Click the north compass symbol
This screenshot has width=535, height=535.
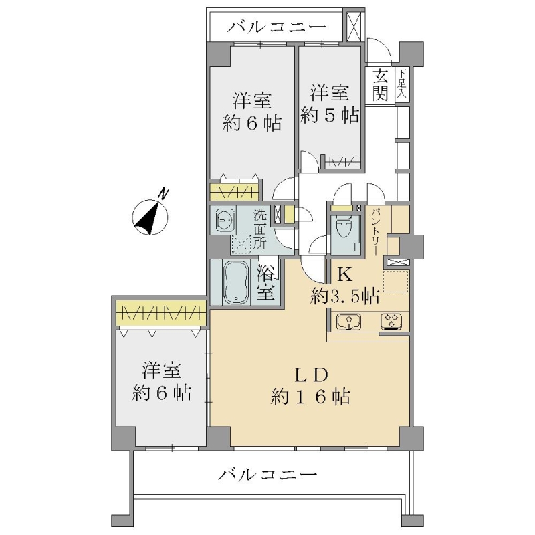(x=150, y=217)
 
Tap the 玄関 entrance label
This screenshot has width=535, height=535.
(x=380, y=86)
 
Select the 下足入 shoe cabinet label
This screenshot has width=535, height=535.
(x=403, y=84)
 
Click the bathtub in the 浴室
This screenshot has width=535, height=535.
(x=236, y=282)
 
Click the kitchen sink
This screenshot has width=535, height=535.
(x=348, y=322)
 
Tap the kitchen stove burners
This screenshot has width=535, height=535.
(x=391, y=322)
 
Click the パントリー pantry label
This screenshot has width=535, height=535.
(x=377, y=231)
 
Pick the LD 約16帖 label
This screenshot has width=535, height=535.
(x=310, y=386)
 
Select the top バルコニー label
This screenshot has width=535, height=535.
(x=277, y=27)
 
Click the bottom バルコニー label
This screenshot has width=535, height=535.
(x=268, y=474)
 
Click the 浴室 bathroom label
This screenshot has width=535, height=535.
(x=265, y=282)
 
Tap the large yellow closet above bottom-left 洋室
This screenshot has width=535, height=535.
(x=161, y=313)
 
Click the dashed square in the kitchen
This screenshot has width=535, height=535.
(x=395, y=281)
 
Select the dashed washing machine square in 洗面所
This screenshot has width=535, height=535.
(x=241, y=244)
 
